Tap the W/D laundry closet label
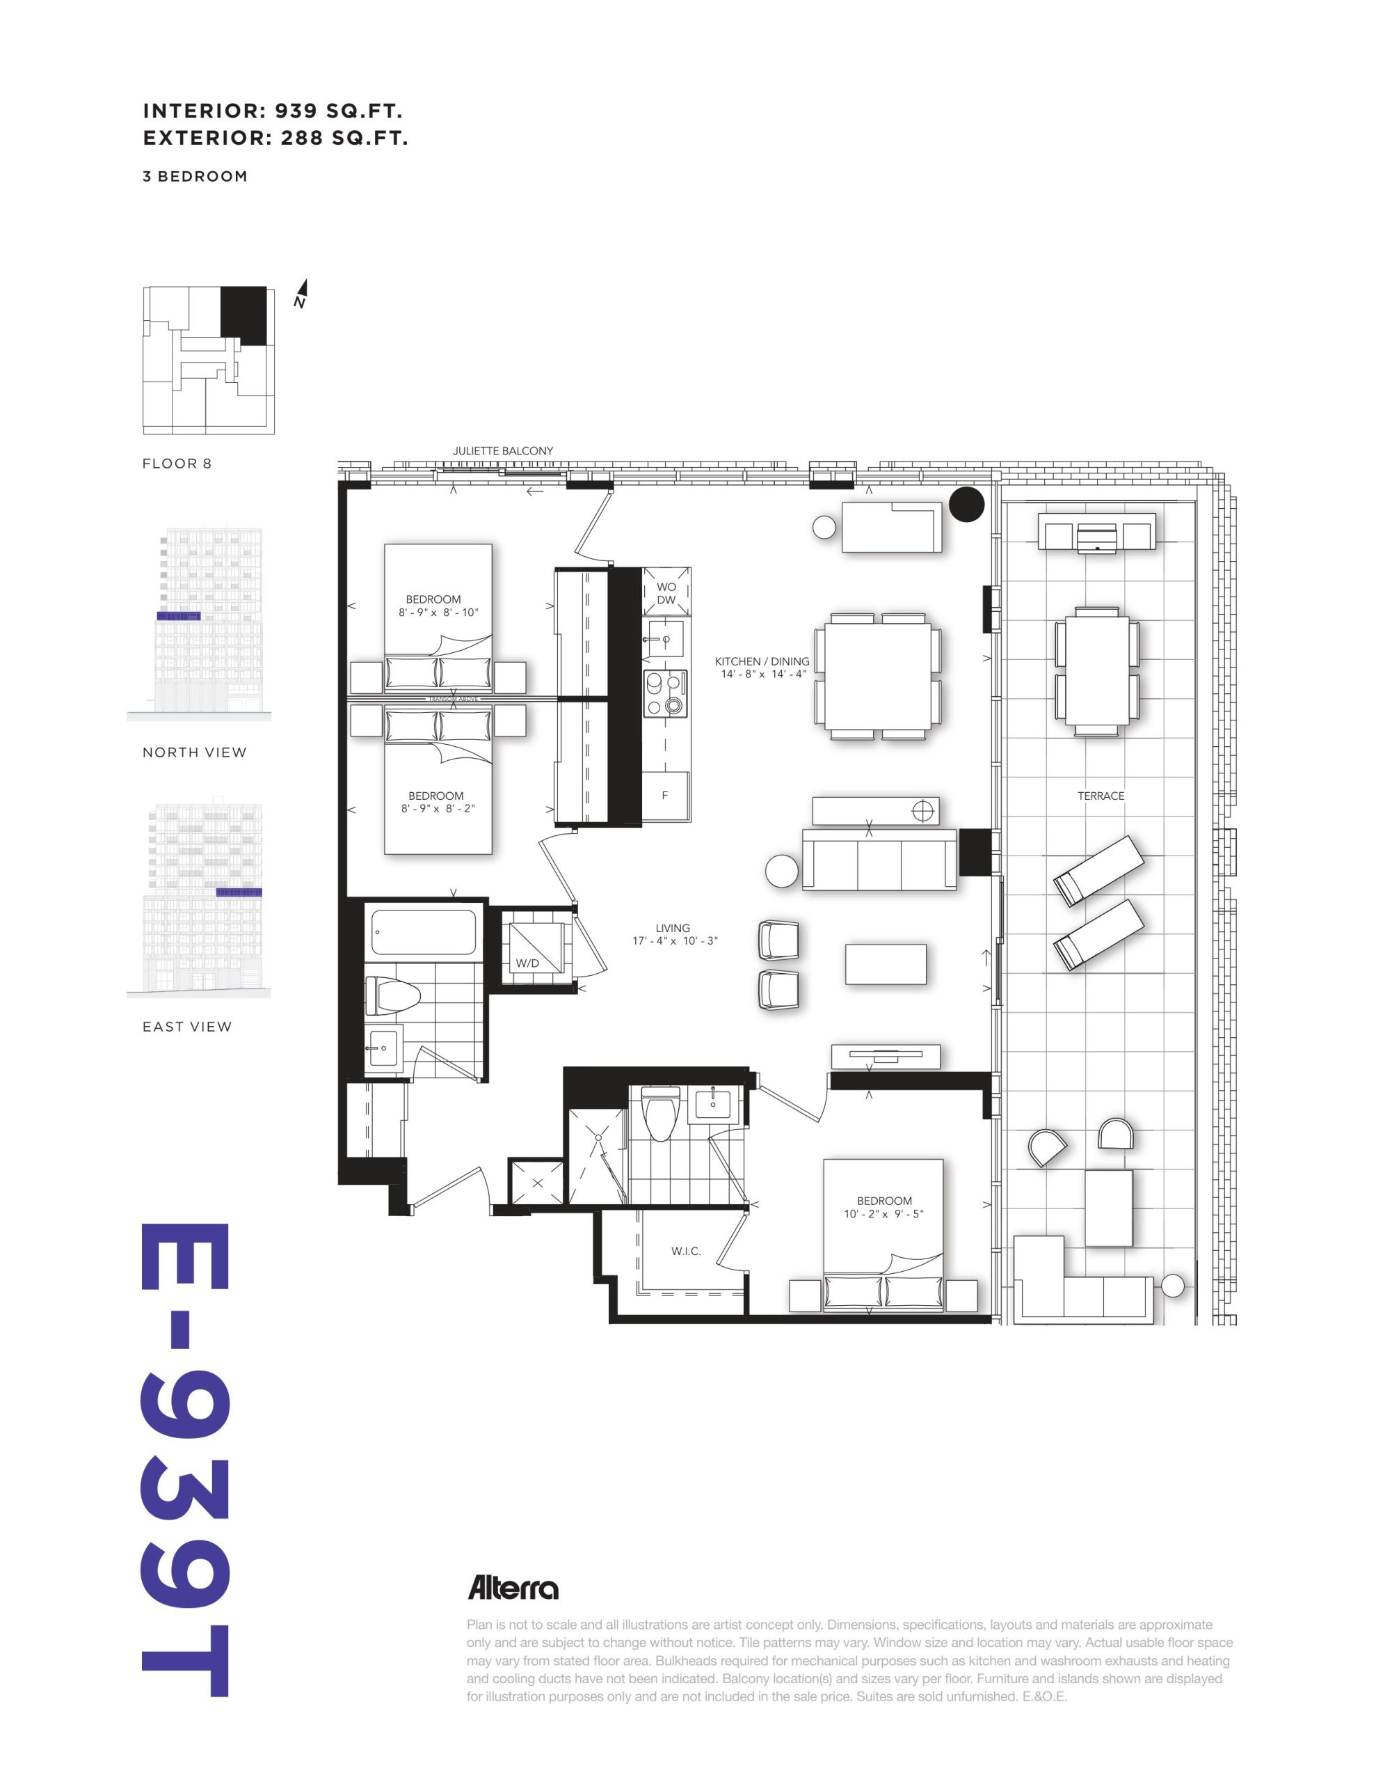527,963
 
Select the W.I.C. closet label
686,1252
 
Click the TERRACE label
1101,796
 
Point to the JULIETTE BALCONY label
502,450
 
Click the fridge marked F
665,796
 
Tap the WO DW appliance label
666,593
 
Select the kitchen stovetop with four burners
666,693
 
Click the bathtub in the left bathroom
424,932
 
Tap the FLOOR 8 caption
177,464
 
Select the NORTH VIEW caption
194,752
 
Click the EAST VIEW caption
187,1027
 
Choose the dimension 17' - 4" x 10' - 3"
675,941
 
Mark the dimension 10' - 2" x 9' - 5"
884,1214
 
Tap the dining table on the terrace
1097,671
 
